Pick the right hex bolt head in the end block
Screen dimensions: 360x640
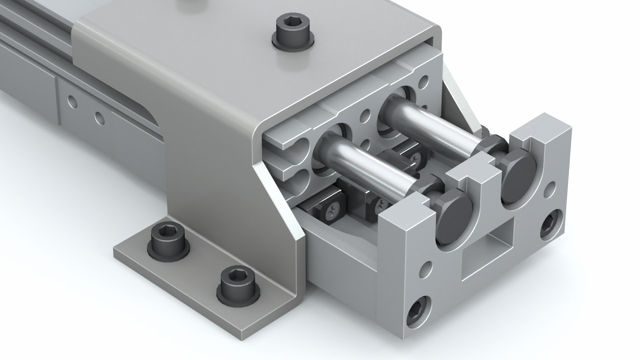point(518,180)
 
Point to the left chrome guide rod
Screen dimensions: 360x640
point(367,160)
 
